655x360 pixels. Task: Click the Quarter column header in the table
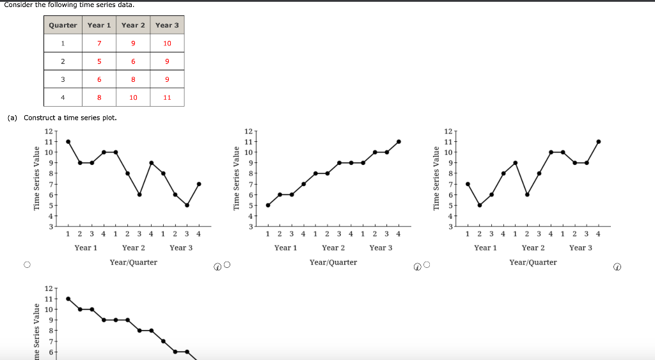(63, 25)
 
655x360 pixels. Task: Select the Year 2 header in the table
(133, 25)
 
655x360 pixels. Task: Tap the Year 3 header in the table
(167, 25)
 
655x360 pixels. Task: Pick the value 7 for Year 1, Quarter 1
(99, 43)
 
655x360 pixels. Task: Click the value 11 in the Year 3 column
(167, 97)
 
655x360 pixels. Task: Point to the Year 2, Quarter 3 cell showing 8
(133, 79)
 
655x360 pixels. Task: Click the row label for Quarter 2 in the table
(63, 61)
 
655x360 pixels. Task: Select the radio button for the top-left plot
(27, 265)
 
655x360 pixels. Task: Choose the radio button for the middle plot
(226, 265)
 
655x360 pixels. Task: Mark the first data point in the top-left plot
(68, 141)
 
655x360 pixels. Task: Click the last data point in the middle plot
(399, 141)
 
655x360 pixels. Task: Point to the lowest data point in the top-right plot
(480, 205)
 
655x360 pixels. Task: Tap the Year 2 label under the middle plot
(333, 247)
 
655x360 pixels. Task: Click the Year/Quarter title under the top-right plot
(533, 262)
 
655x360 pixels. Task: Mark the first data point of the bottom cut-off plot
(68, 299)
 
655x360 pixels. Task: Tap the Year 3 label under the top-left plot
(181, 247)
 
